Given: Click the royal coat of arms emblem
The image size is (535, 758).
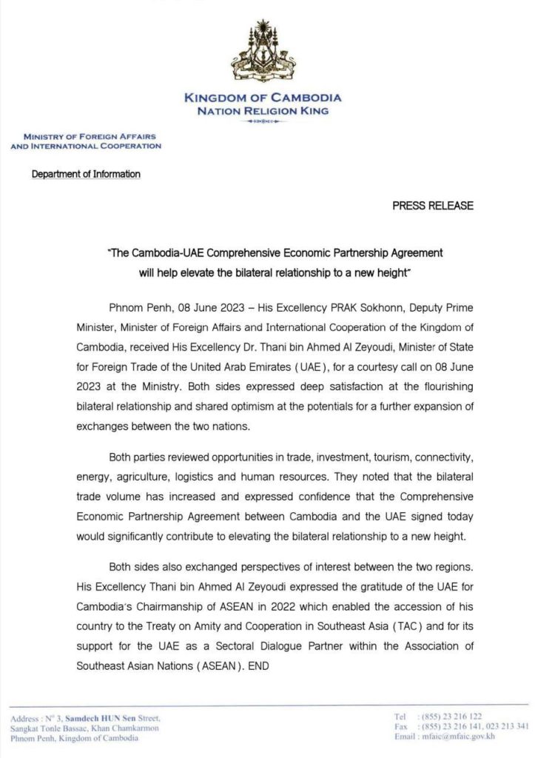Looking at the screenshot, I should (x=262, y=53).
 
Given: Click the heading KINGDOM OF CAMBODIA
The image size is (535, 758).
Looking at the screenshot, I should (x=262, y=98).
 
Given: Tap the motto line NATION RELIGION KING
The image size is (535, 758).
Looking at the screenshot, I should (x=262, y=111).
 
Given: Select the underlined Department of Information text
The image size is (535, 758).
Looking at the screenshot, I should (x=86, y=175).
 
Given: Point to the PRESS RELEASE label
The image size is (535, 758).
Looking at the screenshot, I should (x=433, y=206).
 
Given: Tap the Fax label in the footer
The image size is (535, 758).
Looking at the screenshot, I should (x=401, y=726).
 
